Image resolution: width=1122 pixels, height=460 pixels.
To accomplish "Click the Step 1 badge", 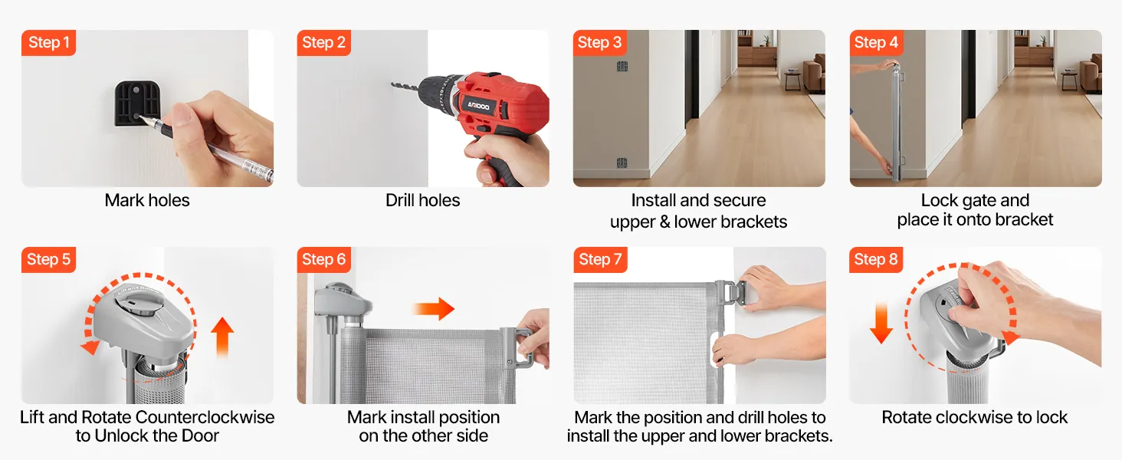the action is [x=48, y=43].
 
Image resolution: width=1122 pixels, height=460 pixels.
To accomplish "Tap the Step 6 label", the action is [x=323, y=260].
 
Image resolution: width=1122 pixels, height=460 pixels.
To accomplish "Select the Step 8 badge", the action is [x=875, y=260].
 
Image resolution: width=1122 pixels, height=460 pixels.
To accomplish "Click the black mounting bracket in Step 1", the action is [x=136, y=103].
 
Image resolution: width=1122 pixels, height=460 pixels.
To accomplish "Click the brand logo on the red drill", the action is [x=478, y=106].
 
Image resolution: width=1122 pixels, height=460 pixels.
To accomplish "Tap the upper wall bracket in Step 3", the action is [x=622, y=66].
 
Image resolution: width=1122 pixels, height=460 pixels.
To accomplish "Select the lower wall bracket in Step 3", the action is [x=622, y=163].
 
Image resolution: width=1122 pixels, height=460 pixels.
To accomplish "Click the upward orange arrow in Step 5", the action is [x=222, y=337].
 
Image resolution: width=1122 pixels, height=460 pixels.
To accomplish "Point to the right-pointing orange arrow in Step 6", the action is [x=434, y=308].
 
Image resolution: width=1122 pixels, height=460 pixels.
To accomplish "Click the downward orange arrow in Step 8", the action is [x=881, y=323].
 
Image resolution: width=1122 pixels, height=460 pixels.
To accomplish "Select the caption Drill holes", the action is [x=423, y=200].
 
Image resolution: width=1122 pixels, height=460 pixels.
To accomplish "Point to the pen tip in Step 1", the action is [x=141, y=118].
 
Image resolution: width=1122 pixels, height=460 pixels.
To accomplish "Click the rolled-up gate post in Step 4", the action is [x=897, y=120].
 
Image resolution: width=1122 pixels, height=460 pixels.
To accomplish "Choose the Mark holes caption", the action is [x=147, y=200].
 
